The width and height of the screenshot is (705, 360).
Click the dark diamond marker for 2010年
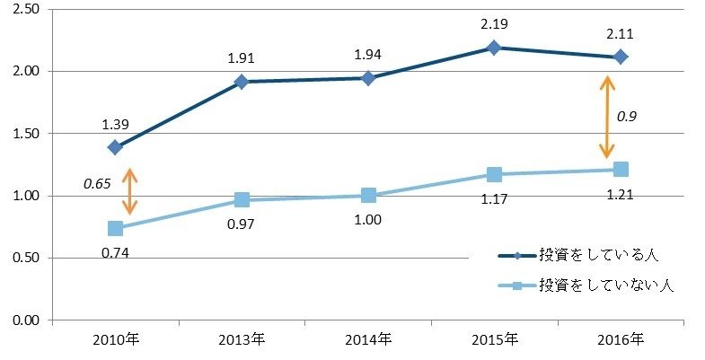click(115, 146)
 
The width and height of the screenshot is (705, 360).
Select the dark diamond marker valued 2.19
click(494, 48)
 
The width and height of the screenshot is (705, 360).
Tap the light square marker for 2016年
click(621, 169)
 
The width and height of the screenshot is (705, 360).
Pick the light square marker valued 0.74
click(115, 228)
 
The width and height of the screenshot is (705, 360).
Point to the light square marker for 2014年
click(368, 195)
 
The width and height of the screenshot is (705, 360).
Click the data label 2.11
click(621, 35)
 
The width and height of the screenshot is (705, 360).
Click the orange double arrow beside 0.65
click(130, 191)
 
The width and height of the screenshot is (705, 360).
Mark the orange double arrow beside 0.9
click(608, 117)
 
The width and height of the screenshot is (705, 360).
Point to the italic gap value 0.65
click(97, 183)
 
